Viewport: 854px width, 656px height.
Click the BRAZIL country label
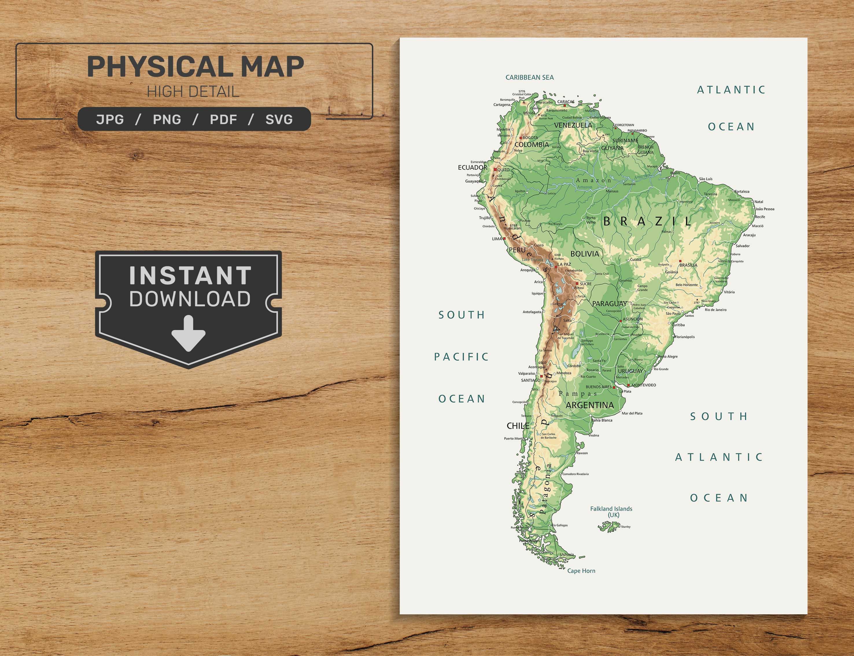tap(647, 221)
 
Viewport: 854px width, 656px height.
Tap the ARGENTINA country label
tap(590, 405)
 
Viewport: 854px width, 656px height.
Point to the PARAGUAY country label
tap(609, 303)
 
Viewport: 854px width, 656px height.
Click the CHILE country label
tap(518, 426)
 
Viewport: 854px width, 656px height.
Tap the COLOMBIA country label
tap(531, 145)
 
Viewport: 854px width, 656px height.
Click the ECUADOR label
tap(472, 167)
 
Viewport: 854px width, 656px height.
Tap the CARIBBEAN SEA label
tap(530, 77)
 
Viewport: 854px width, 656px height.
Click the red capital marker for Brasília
tap(680, 261)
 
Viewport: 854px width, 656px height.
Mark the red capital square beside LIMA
tap(504, 238)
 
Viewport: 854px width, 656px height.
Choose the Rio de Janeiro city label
tap(715, 310)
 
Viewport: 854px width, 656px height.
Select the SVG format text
tap(279, 119)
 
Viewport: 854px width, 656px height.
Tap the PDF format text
tap(223, 119)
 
